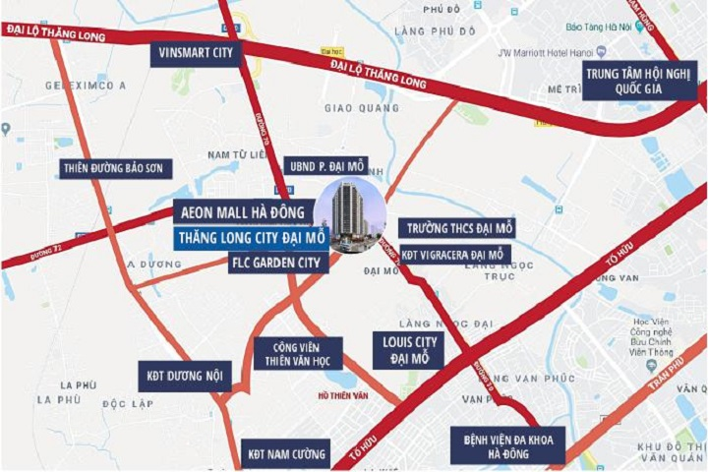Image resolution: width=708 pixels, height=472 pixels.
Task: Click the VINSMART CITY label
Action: point(195,55)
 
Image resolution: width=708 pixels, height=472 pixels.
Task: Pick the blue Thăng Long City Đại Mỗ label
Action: point(251,238)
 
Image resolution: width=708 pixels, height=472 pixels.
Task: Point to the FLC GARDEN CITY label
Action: point(276,263)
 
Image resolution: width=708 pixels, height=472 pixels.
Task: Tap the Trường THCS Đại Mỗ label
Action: point(456,228)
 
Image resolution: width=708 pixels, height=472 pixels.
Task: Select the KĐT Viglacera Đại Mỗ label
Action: point(452,255)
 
